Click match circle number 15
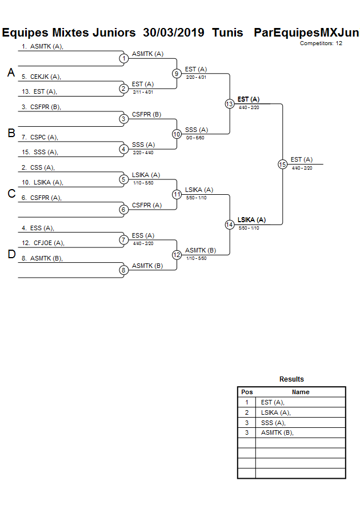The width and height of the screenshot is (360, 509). [x=282, y=164]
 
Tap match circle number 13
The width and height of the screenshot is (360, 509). [x=229, y=104]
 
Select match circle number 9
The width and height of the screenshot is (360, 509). [x=177, y=74]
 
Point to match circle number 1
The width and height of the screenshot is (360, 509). [x=123, y=58]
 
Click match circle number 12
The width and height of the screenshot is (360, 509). [x=177, y=255]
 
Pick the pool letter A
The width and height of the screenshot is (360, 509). [x=11, y=73]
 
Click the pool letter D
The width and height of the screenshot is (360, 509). [x=11, y=254]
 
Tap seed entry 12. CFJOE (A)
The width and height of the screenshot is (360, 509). [x=43, y=243]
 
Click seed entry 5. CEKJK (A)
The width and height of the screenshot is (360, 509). [x=41, y=77]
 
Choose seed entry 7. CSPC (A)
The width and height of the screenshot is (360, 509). [x=40, y=137]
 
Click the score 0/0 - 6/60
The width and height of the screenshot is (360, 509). [x=195, y=138]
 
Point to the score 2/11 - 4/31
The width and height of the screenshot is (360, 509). [x=143, y=92]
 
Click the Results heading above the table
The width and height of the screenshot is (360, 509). [x=291, y=379]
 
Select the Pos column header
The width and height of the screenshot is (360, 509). [x=247, y=392]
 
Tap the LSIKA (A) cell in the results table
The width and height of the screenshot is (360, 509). [x=276, y=412]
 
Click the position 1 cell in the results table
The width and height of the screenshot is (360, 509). [x=247, y=402]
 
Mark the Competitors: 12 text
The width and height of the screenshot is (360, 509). [x=321, y=43]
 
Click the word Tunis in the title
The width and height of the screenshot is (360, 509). [x=227, y=33]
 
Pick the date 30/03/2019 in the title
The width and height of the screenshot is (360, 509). [x=174, y=33]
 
